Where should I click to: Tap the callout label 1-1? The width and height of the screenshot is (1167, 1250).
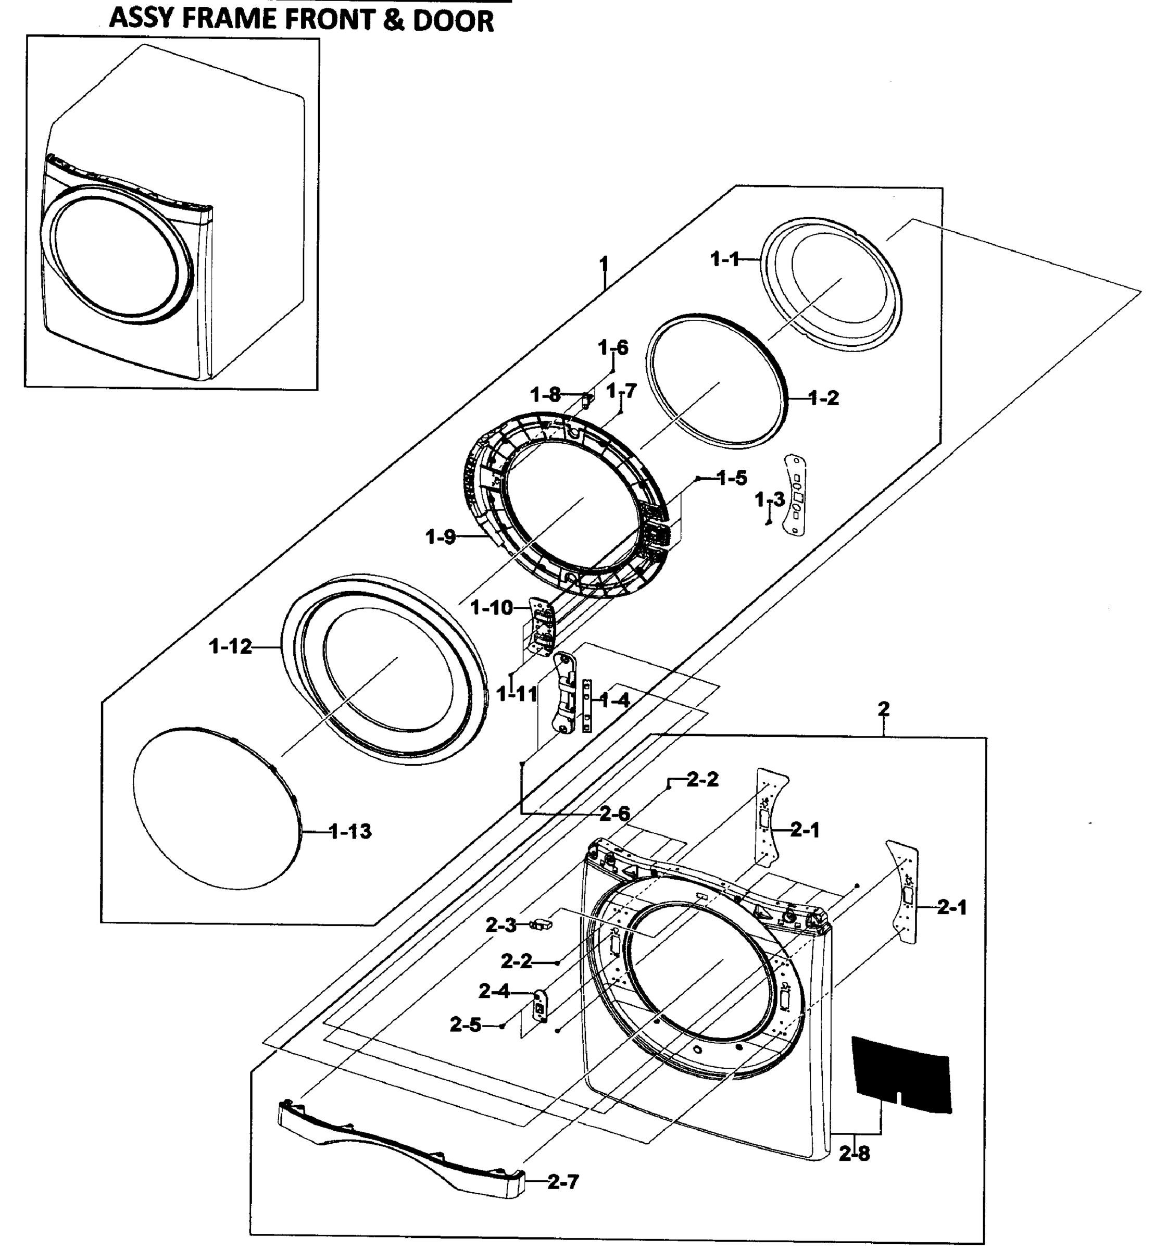[725, 258]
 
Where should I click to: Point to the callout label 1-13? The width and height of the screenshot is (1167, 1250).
[350, 831]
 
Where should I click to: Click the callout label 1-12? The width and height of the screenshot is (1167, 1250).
[230, 646]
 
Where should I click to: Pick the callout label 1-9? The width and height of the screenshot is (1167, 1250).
[440, 536]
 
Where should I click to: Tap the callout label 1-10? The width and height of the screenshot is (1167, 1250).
[491, 607]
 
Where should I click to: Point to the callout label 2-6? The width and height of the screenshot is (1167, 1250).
[614, 813]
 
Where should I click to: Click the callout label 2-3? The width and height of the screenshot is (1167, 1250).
[500, 925]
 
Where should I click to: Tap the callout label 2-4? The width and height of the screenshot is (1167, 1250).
[494, 992]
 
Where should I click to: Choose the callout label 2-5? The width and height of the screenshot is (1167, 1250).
[466, 1025]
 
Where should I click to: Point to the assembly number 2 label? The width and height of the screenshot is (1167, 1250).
[883, 709]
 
